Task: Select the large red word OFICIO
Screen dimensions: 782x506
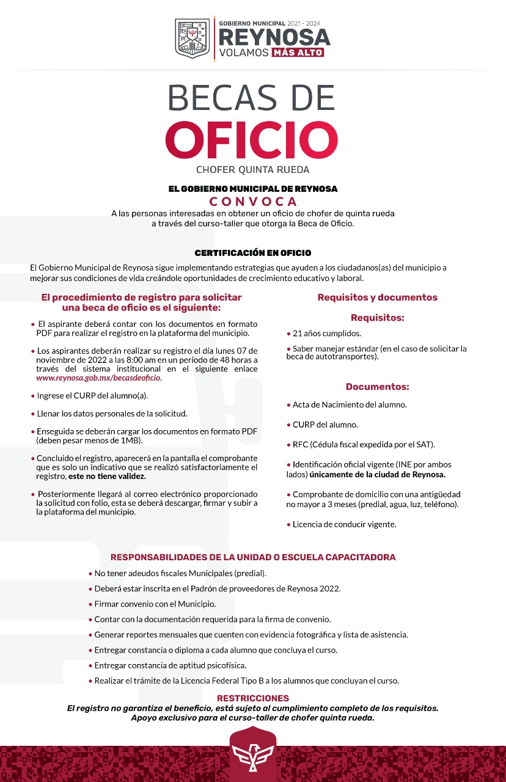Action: coord(252,139)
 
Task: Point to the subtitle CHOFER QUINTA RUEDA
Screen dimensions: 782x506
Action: coord(253,169)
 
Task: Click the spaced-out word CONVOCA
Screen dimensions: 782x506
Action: coord(253,202)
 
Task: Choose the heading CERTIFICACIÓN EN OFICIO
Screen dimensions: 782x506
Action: coord(253,252)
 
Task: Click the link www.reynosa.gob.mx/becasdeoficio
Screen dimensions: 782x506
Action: coord(98,378)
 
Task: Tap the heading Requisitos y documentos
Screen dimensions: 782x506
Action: coord(377,298)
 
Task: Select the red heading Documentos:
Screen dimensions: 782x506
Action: coord(377,387)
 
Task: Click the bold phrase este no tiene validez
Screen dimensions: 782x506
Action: coord(107,476)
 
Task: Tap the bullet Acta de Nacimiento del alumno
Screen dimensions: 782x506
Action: coord(350,404)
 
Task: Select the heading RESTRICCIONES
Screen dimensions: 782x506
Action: coord(253,698)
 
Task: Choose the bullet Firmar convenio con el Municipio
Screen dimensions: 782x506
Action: coord(155,604)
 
